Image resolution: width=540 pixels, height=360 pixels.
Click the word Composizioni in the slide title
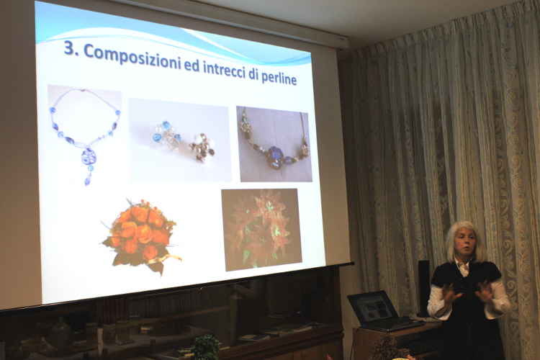[132, 57]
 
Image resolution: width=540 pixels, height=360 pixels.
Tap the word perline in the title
[279, 78]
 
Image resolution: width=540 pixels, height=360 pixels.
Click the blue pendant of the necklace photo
[89, 157]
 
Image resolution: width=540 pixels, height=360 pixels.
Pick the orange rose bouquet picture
[142, 235]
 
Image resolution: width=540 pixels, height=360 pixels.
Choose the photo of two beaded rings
[179, 140]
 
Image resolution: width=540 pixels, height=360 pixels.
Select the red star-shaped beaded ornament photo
[261, 230]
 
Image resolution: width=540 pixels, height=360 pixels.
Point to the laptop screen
[374, 307]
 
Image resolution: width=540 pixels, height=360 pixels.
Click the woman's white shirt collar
[463, 266]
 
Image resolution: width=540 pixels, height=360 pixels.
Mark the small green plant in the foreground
[205, 347]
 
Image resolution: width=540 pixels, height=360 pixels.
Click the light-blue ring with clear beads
[167, 136]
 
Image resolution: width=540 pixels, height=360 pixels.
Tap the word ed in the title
[192, 66]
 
